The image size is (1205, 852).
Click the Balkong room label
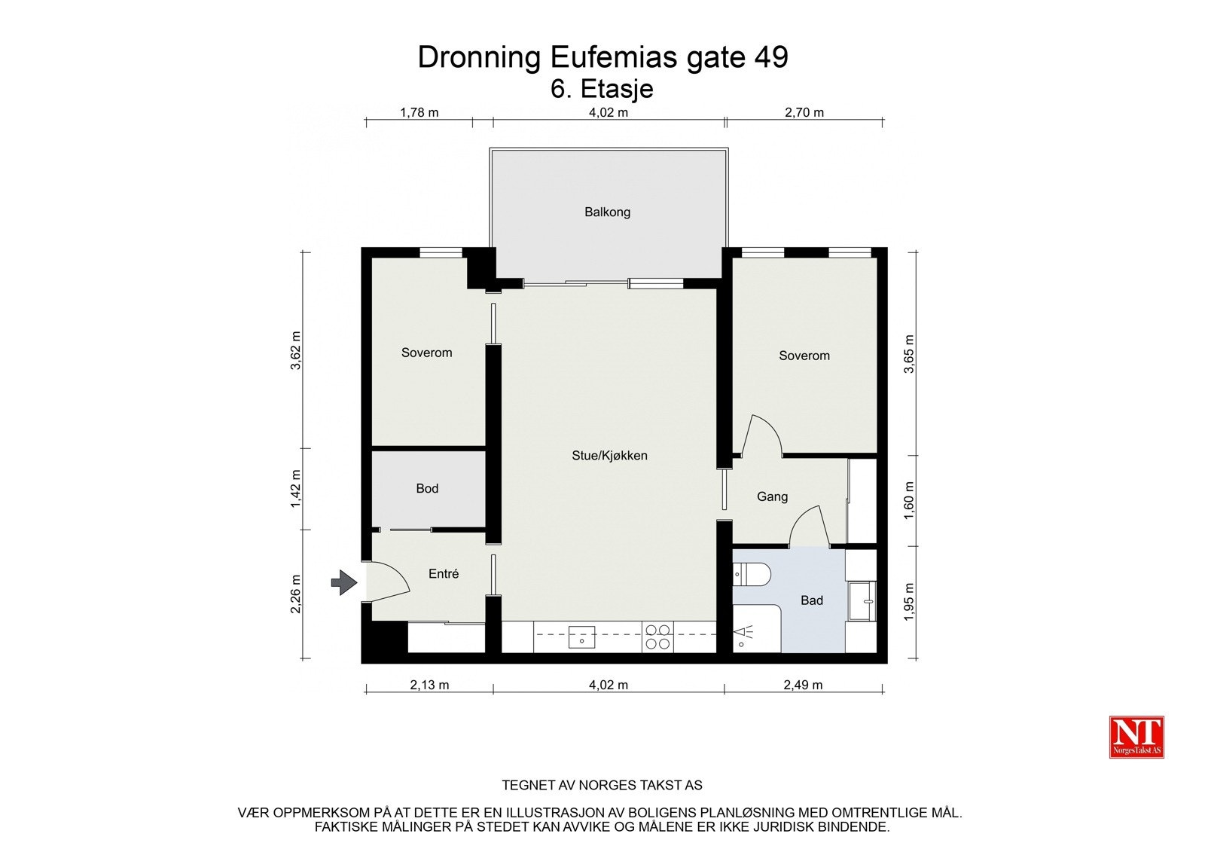tap(607, 212)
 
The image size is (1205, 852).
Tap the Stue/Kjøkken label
tap(609, 456)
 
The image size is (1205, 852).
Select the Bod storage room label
tap(427, 489)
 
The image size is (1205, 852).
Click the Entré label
tap(444, 574)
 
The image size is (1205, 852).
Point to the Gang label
tap(772, 497)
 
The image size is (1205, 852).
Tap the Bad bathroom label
tap(812, 600)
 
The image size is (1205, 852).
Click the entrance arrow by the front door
tap(343, 582)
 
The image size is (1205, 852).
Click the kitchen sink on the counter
tap(581, 637)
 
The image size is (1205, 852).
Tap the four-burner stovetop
tap(657, 637)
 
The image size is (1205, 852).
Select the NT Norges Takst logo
tap(1136, 737)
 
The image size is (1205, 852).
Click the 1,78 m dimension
tap(419, 113)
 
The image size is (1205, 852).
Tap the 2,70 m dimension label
tap(804, 113)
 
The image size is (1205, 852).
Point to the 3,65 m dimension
tap(909, 354)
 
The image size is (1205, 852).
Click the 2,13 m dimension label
tap(429, 686)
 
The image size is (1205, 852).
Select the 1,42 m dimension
tap(296, 488)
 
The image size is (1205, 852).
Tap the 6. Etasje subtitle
tap(602, 89)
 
